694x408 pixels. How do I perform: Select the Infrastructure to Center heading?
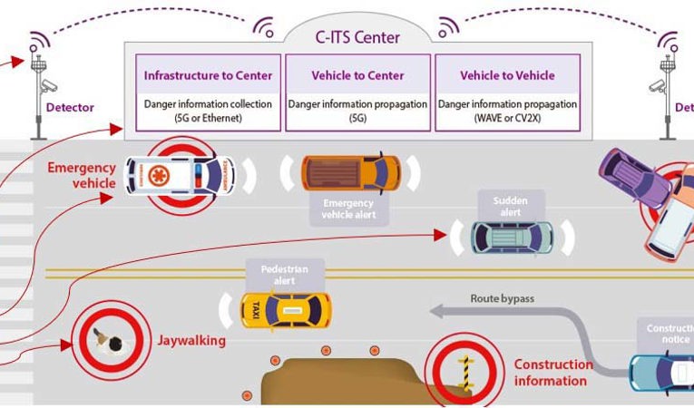pyautogui.click(x=208, y=76)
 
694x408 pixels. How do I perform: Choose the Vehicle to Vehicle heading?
pyautogui.click(x=507, y=76)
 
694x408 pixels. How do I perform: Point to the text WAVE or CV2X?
pyautogui.click(x=507, y=119)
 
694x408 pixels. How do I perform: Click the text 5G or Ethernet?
pyautogui.click(x=208, y=119)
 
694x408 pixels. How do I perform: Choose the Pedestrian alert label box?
pyautogui.click(x=286, y=274)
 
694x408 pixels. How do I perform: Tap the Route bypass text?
pyautogui.click(x=502, y=298)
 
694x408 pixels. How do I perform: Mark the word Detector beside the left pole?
pyautogui.click(x=70, y=108)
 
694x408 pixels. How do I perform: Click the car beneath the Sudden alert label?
pyautogui.click(x=512, y=237)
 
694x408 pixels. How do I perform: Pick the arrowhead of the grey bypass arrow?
pyautogui.click(x=437, y=311)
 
